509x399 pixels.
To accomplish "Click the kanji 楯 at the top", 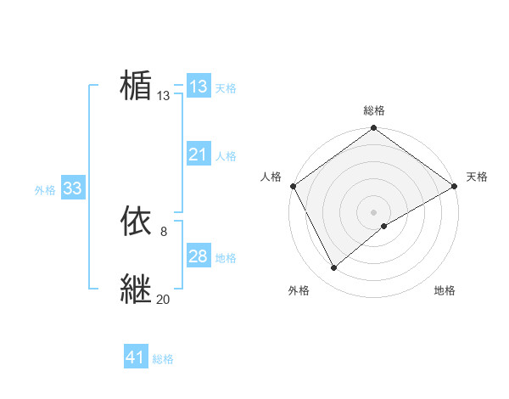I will [x=136, y=86].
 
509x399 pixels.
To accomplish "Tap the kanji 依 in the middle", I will [x=136, y=222].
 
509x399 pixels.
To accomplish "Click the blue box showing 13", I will [x=198, y=87].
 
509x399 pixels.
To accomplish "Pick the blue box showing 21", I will [x=198, y=155].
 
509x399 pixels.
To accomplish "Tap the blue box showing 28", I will [x=198, y=256].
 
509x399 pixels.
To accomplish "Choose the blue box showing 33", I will [x=72, y=188].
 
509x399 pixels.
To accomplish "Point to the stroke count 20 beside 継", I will [x=163, y=299].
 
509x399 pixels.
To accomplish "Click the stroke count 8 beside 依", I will [x=163, y=231].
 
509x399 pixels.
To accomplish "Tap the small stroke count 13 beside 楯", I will [x=163, y=96].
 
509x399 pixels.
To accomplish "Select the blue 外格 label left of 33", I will [x=45, y=190].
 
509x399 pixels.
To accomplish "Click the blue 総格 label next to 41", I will [x=163, y=359].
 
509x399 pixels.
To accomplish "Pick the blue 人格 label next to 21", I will [x=226, y=156].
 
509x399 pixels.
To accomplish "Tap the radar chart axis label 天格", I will [x=477, y=177].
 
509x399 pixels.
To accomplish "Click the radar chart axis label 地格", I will [x=445, y=291].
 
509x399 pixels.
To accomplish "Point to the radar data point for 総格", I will [x=373, y=128].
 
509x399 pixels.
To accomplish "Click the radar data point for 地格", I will [x=385, y=226].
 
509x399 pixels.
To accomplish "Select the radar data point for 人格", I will [x=294, y=186].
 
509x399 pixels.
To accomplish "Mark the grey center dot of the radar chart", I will [x=373, y=211].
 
